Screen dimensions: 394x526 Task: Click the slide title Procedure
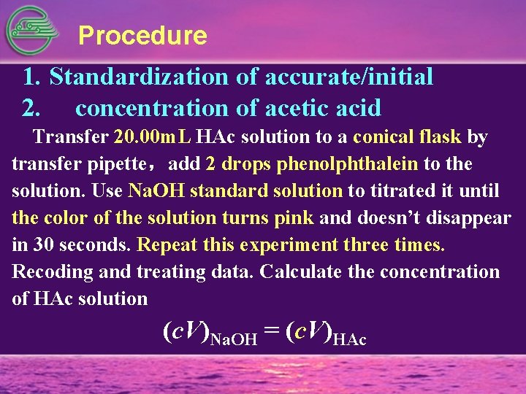click(x=142, y=35)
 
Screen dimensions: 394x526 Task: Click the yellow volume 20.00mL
click(x=153, y=136)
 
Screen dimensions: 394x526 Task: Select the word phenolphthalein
click(x=348, y=164)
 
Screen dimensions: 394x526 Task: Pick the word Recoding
click(x=49, y=272)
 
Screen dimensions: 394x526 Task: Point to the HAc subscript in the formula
click(x=349, y=339)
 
